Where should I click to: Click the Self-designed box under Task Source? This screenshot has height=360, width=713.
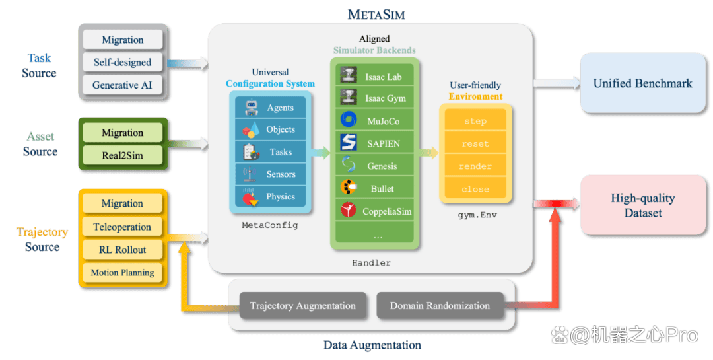coord(122,62)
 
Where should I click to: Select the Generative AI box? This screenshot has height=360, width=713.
coord(122,85)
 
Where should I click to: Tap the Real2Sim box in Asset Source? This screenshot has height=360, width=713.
coord(122,155)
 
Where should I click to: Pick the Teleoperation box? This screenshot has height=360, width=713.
coord(122,227)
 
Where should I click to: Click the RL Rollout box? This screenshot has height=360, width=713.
coord(122,250)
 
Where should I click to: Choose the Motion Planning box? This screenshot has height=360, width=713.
coord(122,272)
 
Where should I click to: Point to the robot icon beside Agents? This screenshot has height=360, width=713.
coord(251,108)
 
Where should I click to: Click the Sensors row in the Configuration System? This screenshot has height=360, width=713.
coord(271,174)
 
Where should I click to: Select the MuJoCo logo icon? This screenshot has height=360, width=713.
coord(349,120)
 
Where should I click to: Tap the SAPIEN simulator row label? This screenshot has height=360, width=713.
coord(384,143)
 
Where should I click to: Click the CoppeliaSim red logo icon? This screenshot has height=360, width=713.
coord(349,210)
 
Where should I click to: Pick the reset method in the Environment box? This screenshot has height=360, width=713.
coord(475,143)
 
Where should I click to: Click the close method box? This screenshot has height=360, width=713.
coord(475,189)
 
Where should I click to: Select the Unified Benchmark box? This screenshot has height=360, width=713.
coord(642,83)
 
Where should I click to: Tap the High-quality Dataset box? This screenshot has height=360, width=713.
coord(642,205)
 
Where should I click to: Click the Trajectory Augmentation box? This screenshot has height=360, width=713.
coord(303,305)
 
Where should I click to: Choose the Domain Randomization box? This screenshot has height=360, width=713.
coord(440,305)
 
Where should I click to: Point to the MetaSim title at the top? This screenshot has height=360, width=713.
coord(376,14)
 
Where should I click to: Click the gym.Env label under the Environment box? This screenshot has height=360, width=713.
coord(477,215)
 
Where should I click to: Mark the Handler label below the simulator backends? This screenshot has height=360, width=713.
coord(371,263)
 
